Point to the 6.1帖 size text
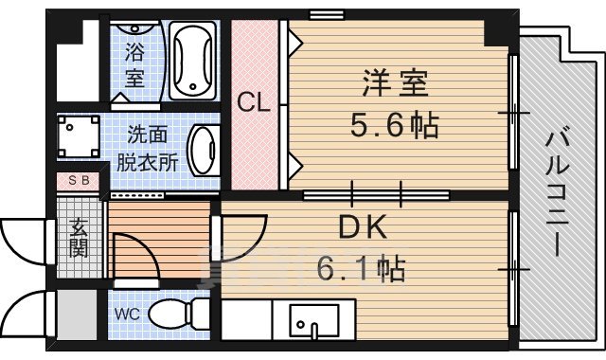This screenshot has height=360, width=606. (x=360, y=270)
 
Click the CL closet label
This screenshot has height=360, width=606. (x=254, y=101)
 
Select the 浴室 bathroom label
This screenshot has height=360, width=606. (x=136, y=65)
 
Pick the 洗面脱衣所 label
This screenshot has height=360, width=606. (x=147, y=148)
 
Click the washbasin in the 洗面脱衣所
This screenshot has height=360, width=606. (x=204, y=150)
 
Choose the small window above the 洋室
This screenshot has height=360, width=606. (x=325, y=14)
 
